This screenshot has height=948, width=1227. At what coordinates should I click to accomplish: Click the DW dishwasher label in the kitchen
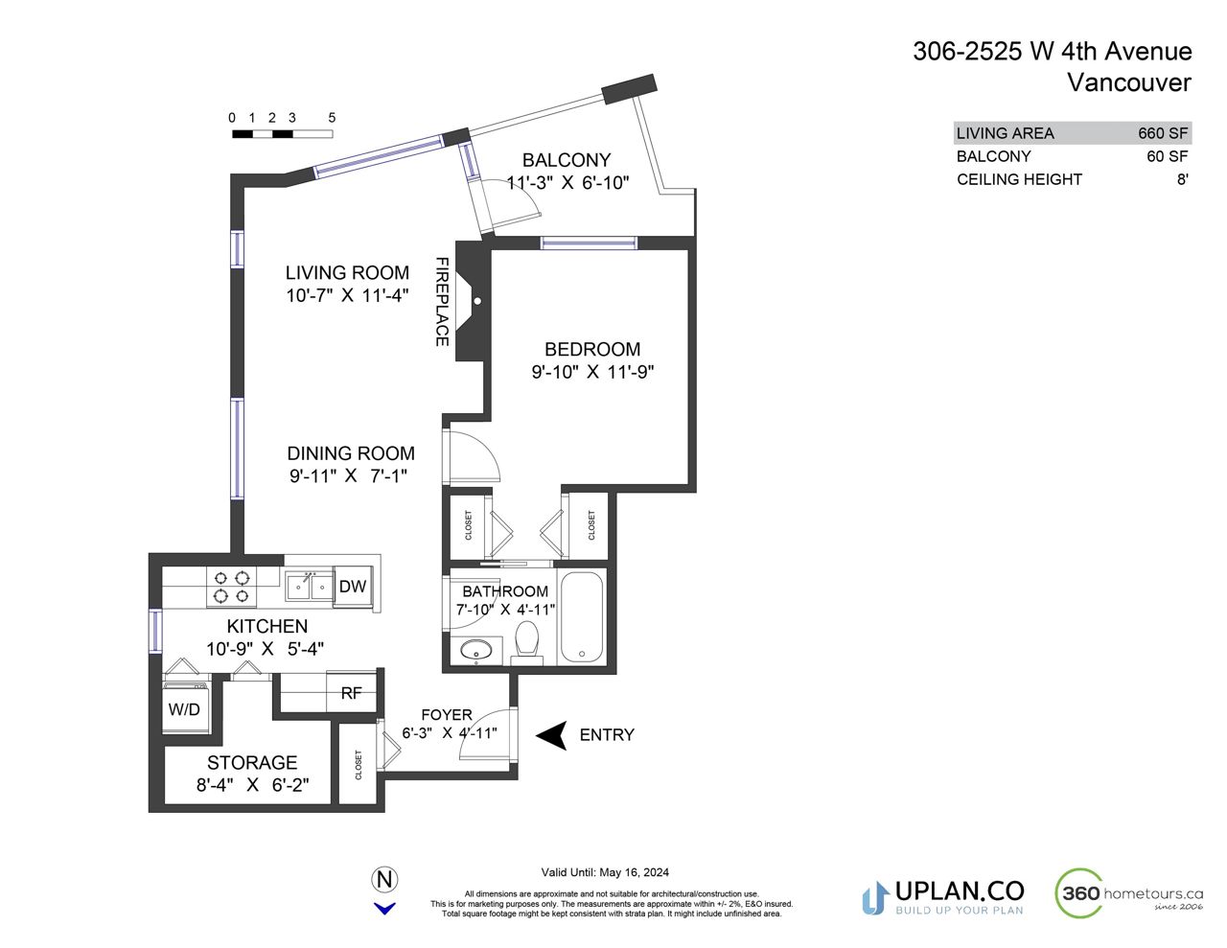tap(353, 586)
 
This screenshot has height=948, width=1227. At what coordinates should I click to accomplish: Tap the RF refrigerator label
tap(351, 693)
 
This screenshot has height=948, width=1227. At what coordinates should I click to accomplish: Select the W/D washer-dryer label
tap(184, 709)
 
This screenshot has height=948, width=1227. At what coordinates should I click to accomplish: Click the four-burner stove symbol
tap(232, 587)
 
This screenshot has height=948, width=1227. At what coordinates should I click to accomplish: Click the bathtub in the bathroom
tap(582, 616)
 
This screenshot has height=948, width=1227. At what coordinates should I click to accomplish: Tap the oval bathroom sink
tap(476, 650)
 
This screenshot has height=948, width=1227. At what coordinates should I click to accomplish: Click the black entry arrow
tap(551, 735)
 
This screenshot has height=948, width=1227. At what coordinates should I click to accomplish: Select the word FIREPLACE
tap(442, 302)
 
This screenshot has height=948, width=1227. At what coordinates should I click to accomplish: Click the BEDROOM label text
tap(592, 349)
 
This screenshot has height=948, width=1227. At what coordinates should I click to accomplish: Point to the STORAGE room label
tap(252, 762)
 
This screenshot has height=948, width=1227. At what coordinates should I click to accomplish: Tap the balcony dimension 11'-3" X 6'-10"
tap(567, 182)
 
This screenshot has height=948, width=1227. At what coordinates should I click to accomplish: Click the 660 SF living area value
tap(1163, 133)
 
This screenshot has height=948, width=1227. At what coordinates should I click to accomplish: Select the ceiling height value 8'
tap(1182, 179)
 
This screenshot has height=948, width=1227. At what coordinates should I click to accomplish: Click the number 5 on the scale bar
tap(332, 118)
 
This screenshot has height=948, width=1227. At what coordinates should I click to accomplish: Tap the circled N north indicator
tap(384, 879)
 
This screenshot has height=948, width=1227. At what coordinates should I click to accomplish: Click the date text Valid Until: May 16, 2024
tap(605, 872)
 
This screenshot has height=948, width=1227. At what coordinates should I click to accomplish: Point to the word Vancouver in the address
tap(1129, 82)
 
